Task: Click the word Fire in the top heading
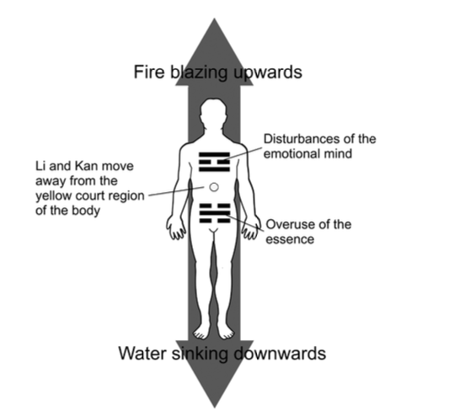(149, 72)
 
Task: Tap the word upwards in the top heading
(268, 73)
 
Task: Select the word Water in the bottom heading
(142, 353)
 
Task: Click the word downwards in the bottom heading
(280, 353)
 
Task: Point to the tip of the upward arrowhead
(215, 19)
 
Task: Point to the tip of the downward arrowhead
(215, 408)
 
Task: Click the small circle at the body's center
(214, 187)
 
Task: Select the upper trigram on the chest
(214, 162)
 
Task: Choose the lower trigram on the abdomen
(215, 213)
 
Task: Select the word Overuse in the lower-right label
(290, 225)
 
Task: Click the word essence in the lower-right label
(290, 239)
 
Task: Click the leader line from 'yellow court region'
(176, 191)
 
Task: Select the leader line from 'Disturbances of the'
(242, 154)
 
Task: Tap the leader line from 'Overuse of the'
(244, 224)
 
